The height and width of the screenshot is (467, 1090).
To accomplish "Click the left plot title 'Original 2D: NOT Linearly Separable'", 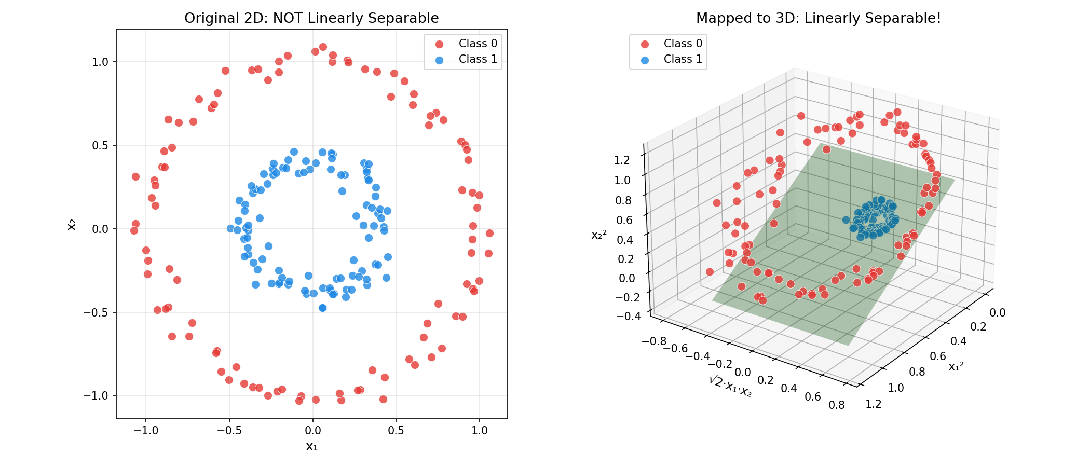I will [x=311, y=18].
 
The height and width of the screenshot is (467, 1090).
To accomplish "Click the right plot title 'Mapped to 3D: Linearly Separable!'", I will [x=818, y=18].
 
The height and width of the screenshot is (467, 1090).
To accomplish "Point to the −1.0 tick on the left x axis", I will [x=146, y=431].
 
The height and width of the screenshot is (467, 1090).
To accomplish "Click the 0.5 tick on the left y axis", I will [x=100, y=146].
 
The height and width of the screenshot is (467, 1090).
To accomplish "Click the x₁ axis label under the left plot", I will [x=311, y=447].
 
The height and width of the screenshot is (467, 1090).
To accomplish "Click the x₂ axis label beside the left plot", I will [x=72, y=224].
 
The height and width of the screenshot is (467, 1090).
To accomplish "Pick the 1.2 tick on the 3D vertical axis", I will [x=622, y=160].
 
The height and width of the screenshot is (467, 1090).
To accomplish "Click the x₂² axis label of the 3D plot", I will [x=599, y=235].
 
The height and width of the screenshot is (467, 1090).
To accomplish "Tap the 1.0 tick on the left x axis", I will [x=480, y=431].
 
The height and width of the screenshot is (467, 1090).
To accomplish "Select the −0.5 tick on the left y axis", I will [x=97, y=313].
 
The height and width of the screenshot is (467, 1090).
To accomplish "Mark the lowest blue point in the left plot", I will [x=322, y=308].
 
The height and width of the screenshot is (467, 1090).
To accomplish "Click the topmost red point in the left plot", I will [x=323, y=47].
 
